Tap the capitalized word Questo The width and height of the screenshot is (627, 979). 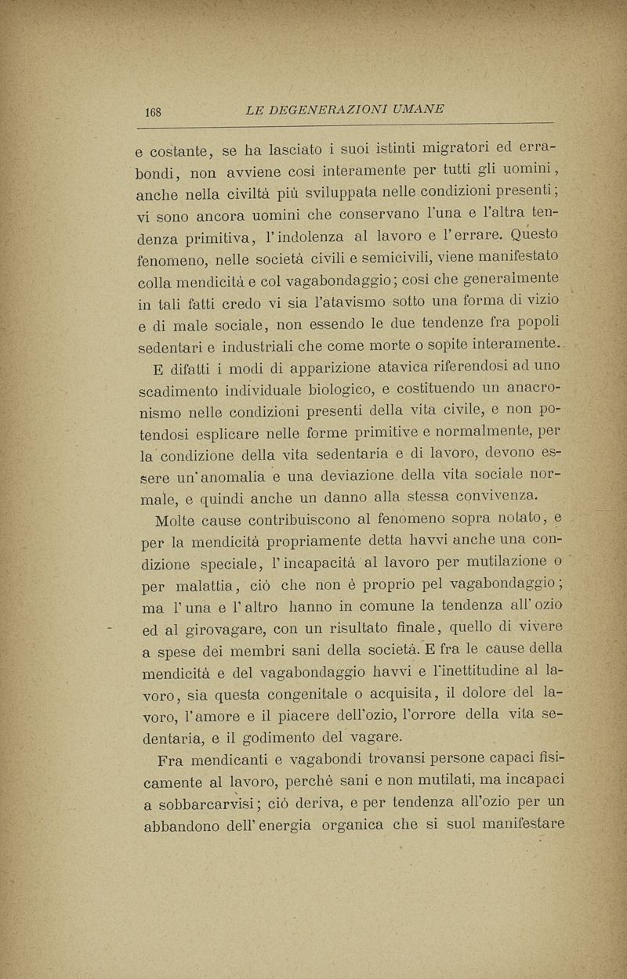pyautogui.click(x=514, y=233)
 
